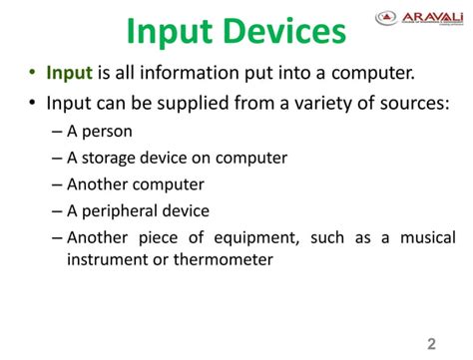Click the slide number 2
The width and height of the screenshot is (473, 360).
(432, 345)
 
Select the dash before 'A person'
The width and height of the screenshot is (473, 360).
(56, 132)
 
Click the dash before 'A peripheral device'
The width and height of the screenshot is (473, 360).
(56, 211)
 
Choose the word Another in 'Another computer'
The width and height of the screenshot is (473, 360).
(98, 184)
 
